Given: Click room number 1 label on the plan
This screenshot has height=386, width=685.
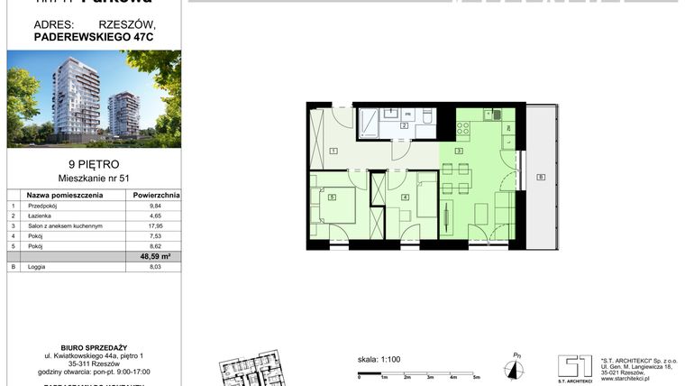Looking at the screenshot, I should point(333,151).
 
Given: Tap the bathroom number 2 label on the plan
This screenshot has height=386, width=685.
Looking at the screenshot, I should point(405,125).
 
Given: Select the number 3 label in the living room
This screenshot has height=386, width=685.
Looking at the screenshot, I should point(459,151).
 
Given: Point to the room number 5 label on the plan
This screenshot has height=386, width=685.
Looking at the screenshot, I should point(333,198).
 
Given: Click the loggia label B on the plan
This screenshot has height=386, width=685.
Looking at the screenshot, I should point(540,177).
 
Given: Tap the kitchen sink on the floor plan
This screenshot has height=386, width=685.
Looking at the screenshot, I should point(494,115).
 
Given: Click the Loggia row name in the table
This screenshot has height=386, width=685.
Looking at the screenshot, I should point(40,267).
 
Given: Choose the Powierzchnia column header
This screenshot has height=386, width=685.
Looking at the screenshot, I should point(156,194).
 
